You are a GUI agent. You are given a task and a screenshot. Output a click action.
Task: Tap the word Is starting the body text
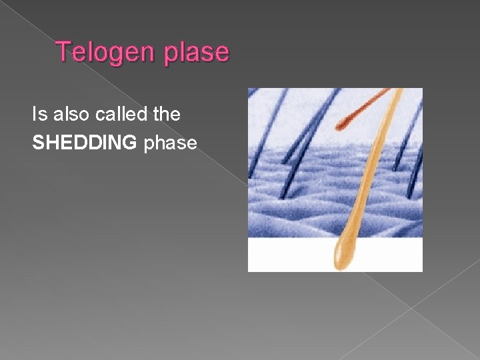39,114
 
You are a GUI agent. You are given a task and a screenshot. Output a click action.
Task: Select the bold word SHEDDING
83,142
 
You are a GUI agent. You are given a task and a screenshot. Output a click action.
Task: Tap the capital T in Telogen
63,51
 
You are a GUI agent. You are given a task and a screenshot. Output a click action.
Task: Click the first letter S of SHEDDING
38,142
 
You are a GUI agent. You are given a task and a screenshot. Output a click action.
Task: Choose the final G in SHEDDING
129,142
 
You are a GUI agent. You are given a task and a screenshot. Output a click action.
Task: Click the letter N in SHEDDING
115,142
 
